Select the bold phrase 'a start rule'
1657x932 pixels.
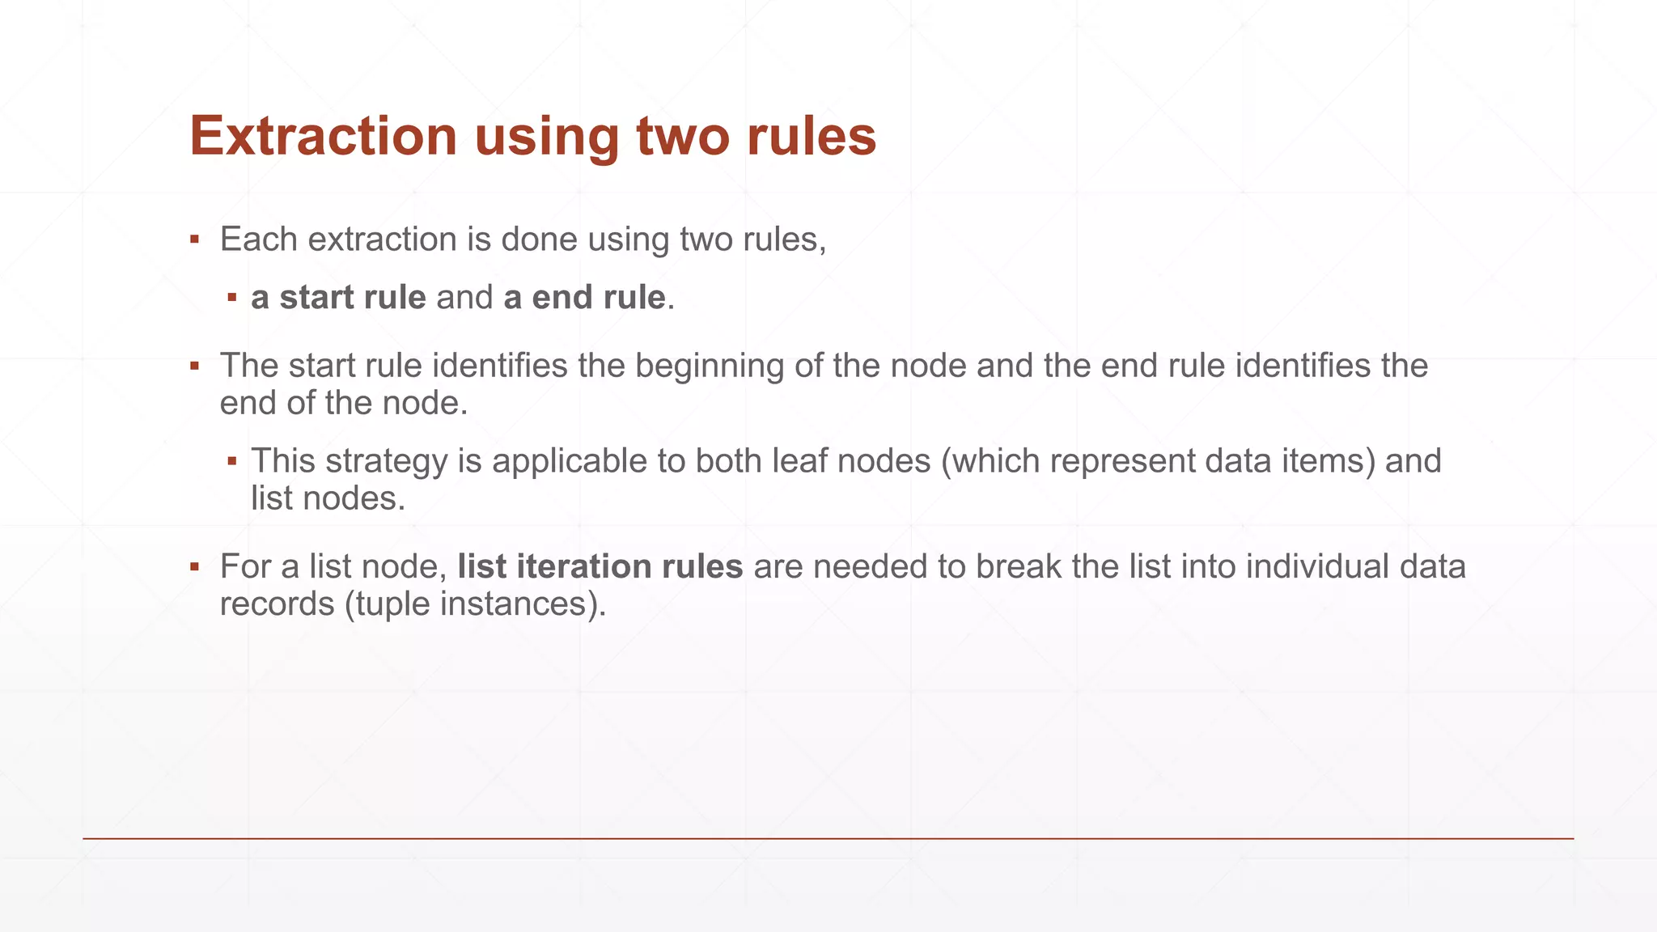[x=338, y=298]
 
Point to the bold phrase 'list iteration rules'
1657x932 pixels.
[x=600, y=566]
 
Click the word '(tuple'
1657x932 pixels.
[x=388, y=604]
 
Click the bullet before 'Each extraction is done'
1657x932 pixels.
[x=194, y=240]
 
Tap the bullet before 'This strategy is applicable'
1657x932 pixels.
[x=232, y=462]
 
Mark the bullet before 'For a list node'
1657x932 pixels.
[x=194, y=567]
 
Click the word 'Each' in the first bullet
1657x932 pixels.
[x=259, y=239]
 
